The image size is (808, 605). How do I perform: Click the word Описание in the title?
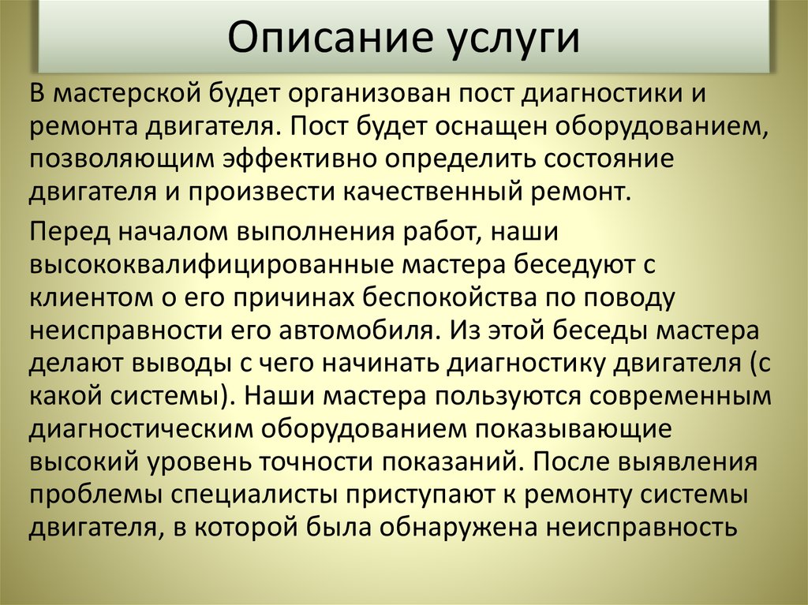point(322,37)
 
